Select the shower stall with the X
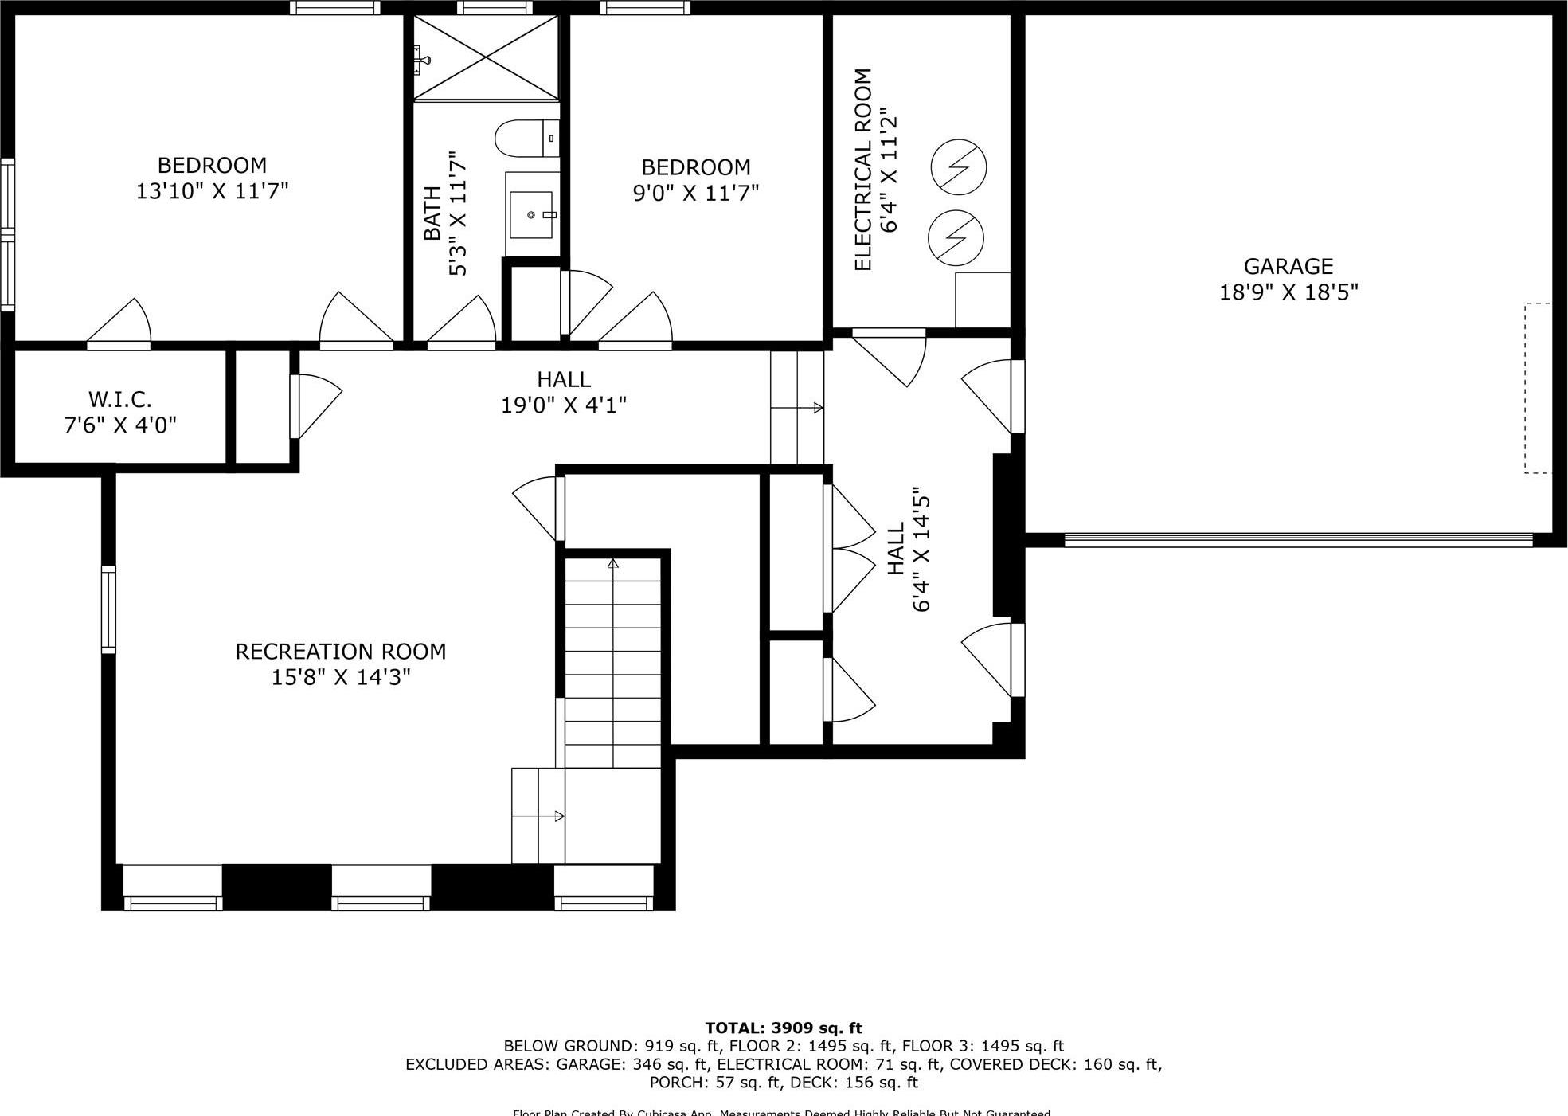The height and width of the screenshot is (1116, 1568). pos(486,57)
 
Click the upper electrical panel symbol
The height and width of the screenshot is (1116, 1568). pos(959,167)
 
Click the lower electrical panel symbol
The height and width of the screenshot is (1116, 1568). pos(956,237)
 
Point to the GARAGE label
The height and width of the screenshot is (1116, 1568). pos(1288,266)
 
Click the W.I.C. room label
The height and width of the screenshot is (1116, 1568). pos(119,399)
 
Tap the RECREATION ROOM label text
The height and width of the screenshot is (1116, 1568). pos(340,652)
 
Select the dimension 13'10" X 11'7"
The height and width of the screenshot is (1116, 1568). pos(212,191)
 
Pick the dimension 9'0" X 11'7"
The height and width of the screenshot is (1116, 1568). pos(695,193)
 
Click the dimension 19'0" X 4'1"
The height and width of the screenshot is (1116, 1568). pos(563,405)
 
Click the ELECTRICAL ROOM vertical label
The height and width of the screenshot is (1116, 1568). pos(863,170)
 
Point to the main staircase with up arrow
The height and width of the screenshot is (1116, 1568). pos(612,661)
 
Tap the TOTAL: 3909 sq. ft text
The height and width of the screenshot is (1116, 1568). pos(783,1028)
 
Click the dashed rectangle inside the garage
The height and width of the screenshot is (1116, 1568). pos(1538,388)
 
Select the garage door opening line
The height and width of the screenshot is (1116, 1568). pos(1298,539)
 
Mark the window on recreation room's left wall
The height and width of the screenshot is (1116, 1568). pos(108,609)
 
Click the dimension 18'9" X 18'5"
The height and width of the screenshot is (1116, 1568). pos(1288,292)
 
